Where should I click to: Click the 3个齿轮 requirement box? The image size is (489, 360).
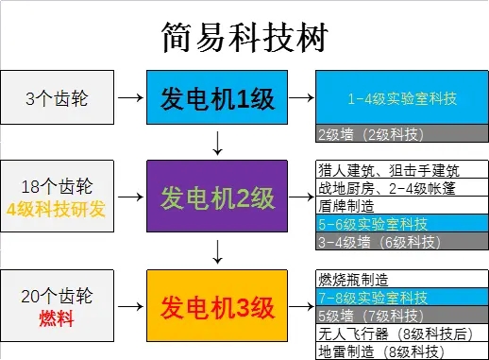point(58,96)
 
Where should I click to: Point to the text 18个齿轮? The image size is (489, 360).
point(59,186)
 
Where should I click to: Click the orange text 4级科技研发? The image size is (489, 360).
point(59,207)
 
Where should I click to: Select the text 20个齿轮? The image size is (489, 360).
point(59,295)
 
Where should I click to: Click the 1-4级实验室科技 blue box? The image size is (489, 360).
point(401,97)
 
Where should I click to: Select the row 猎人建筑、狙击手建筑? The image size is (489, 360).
point(401,170)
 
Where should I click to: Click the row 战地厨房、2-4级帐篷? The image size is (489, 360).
point(401,188)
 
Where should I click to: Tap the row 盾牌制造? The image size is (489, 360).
point(401,206)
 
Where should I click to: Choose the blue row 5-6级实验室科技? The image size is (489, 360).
point(401,224)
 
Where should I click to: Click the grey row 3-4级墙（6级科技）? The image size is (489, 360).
point(401,241)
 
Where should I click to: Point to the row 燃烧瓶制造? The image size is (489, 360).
point(401,280)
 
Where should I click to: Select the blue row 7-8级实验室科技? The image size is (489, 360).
point(401,298)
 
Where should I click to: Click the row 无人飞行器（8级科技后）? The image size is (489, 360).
point(401,334)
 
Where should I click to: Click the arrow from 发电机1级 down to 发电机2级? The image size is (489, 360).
point(218,143)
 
